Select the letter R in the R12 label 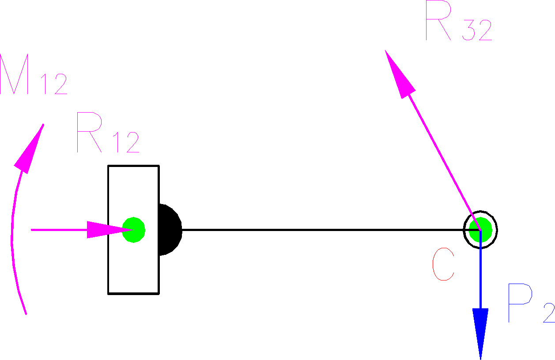point(91,133)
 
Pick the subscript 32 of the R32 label point(477,31)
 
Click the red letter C point(443,265)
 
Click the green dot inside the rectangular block point(133,230)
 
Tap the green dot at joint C point(480,229)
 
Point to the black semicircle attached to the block point(169,230)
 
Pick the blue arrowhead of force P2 point(480,331)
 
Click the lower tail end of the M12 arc point(26,313)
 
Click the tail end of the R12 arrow point(32,230)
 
